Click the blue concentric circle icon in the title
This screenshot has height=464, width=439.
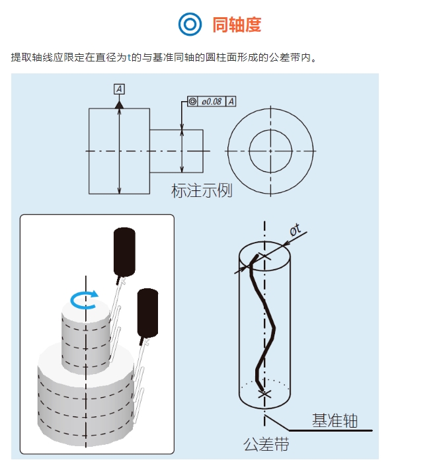coord(190,24)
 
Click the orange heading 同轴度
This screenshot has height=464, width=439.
coord(237,25)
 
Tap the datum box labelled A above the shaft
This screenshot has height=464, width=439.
coord(119,89)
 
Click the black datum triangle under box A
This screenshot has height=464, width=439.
coord(119,104)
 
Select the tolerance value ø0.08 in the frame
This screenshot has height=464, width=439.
coord(212,101)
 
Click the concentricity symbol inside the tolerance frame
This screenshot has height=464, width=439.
coord(192,101)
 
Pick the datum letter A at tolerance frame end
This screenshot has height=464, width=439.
coord(231,101)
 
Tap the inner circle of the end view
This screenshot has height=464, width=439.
coord(270,151)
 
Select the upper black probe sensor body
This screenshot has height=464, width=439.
coord(124,251)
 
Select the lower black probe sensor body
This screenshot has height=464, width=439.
coord(147,314)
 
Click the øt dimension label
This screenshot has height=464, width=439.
coord(295,229)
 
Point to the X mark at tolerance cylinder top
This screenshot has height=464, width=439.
coord(265,255)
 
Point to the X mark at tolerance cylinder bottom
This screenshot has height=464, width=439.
coord(265,394)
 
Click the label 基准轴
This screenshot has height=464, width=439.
coord(335,420)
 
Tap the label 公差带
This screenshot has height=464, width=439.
coord(266,445)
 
